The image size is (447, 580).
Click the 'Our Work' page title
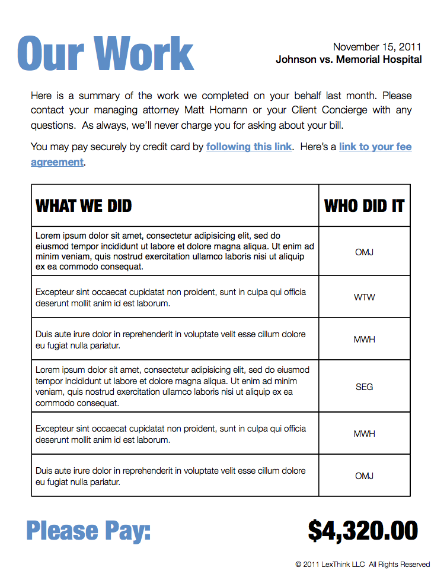(x=106, y=54)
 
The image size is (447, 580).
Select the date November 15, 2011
(x=377, y=47)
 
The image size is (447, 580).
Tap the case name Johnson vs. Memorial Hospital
(x=349, y=59)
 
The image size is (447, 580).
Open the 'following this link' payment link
(x=249, y=147)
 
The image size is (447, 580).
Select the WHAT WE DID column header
(x=84, y=206)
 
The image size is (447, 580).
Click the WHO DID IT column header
(x=364, y=206)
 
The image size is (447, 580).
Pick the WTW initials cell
(x=364, y=297)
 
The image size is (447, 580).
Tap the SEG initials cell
(x=364, y=387)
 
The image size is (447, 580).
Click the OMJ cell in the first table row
(x=364, y=252)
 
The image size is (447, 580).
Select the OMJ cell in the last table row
(x=364, y=476)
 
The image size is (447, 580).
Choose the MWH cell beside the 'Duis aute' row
(x=364, y=340)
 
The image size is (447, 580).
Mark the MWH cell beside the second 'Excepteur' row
(x=364, y=434)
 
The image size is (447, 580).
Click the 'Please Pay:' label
(x=88, y=530)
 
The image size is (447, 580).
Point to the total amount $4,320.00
(x=363, y=530)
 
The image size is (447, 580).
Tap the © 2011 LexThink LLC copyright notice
(x=362, y=564)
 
